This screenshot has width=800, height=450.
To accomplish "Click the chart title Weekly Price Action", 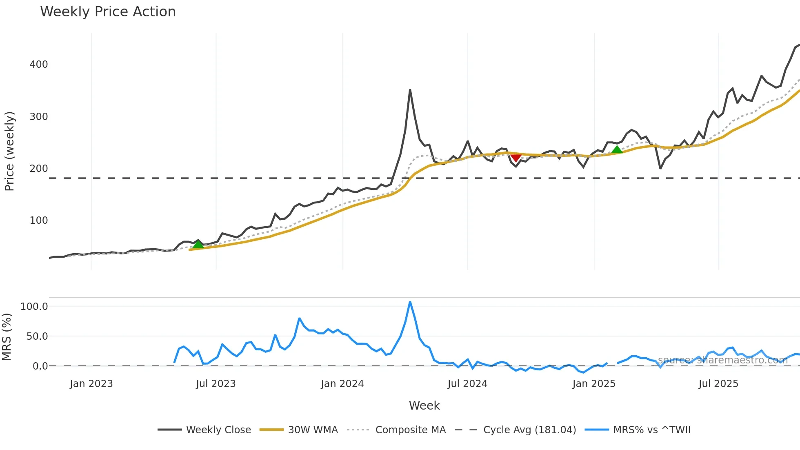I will click(x=108, y=12).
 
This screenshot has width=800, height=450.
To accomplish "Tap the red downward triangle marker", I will click(x=516, y=158).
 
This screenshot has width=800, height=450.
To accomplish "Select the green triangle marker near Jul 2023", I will click(x=198, y=244).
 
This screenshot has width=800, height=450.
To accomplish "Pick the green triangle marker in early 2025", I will click(x=617, y=149).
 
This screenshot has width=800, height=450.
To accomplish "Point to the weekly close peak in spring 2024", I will click(x=410, y=90).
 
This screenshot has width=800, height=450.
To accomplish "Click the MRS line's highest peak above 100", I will click(x=410, y=302).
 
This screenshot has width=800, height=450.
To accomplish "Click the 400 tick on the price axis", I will click(x=39, y=65).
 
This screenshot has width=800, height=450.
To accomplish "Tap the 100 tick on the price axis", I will click(x=39, y=221).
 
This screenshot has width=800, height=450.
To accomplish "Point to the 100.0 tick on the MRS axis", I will click(x=34, y=307).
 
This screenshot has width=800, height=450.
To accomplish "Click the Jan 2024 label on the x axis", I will click(x=342, y=384).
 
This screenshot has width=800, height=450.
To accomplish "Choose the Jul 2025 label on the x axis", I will click(x=718, y=384).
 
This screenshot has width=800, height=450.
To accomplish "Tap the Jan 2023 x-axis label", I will click(x=91, y=384).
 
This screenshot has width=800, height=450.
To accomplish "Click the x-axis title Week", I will click(x=424, y=405).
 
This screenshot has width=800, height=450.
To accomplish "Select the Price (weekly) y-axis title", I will click(x=9, y=151).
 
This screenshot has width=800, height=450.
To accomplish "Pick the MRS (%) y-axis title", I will click(x=7, y=337).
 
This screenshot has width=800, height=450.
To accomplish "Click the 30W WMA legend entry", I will click(x=313, y=430).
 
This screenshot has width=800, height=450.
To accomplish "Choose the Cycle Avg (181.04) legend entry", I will click(x=529, y=430).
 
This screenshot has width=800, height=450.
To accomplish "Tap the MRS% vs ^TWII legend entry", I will click(x=651, y=430).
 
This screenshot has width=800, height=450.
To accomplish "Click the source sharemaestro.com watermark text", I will click(x=722, y=360).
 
